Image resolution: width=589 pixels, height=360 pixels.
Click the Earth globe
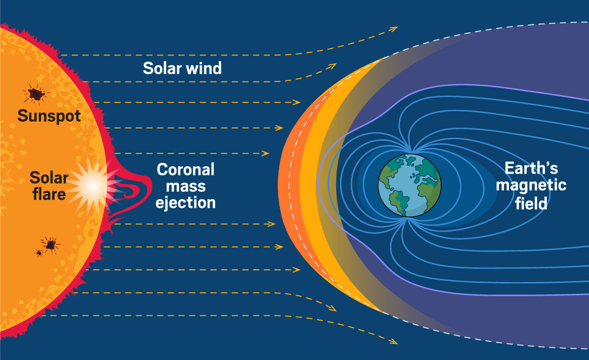click(x=409, y=185)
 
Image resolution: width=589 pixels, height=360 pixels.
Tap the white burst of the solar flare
click(x=93, y=186)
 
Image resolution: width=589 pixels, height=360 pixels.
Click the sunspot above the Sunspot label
click(x=35, y=94)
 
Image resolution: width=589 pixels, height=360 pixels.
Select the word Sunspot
click(x=49, y=116)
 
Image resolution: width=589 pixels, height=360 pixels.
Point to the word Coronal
click(x=186, y=170)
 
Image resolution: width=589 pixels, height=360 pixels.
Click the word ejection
click(x=186, y=203)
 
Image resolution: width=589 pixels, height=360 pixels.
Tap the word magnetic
click(x=531, y=185)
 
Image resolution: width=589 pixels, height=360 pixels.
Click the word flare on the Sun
click(x=49, y=194)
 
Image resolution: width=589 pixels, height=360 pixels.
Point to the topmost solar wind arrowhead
click(x=394, y=28)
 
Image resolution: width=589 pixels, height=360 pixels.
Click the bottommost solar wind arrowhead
click(x=394, y=341)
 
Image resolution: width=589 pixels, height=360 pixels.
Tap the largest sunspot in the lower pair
click(x=50, y=245)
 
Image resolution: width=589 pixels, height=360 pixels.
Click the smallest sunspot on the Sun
click(x=39, y=253)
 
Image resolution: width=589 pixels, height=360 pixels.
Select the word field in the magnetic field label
click(x=531, y=204)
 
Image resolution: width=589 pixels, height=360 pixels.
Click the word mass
click(x=186, y=187)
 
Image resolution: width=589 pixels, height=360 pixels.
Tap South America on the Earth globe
click(x=399, y=201)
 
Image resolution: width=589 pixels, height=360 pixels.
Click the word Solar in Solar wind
click(x=162, y=68)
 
